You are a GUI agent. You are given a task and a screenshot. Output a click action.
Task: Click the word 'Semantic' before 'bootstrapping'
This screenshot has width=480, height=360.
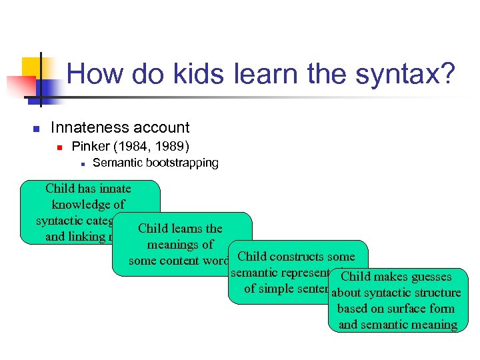116,163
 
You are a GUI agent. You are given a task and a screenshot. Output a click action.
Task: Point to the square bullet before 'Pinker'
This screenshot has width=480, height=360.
59,147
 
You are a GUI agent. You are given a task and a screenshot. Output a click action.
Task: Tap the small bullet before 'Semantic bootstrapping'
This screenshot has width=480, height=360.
81,163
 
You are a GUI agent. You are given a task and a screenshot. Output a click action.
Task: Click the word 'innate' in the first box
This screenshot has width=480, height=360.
113,189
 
